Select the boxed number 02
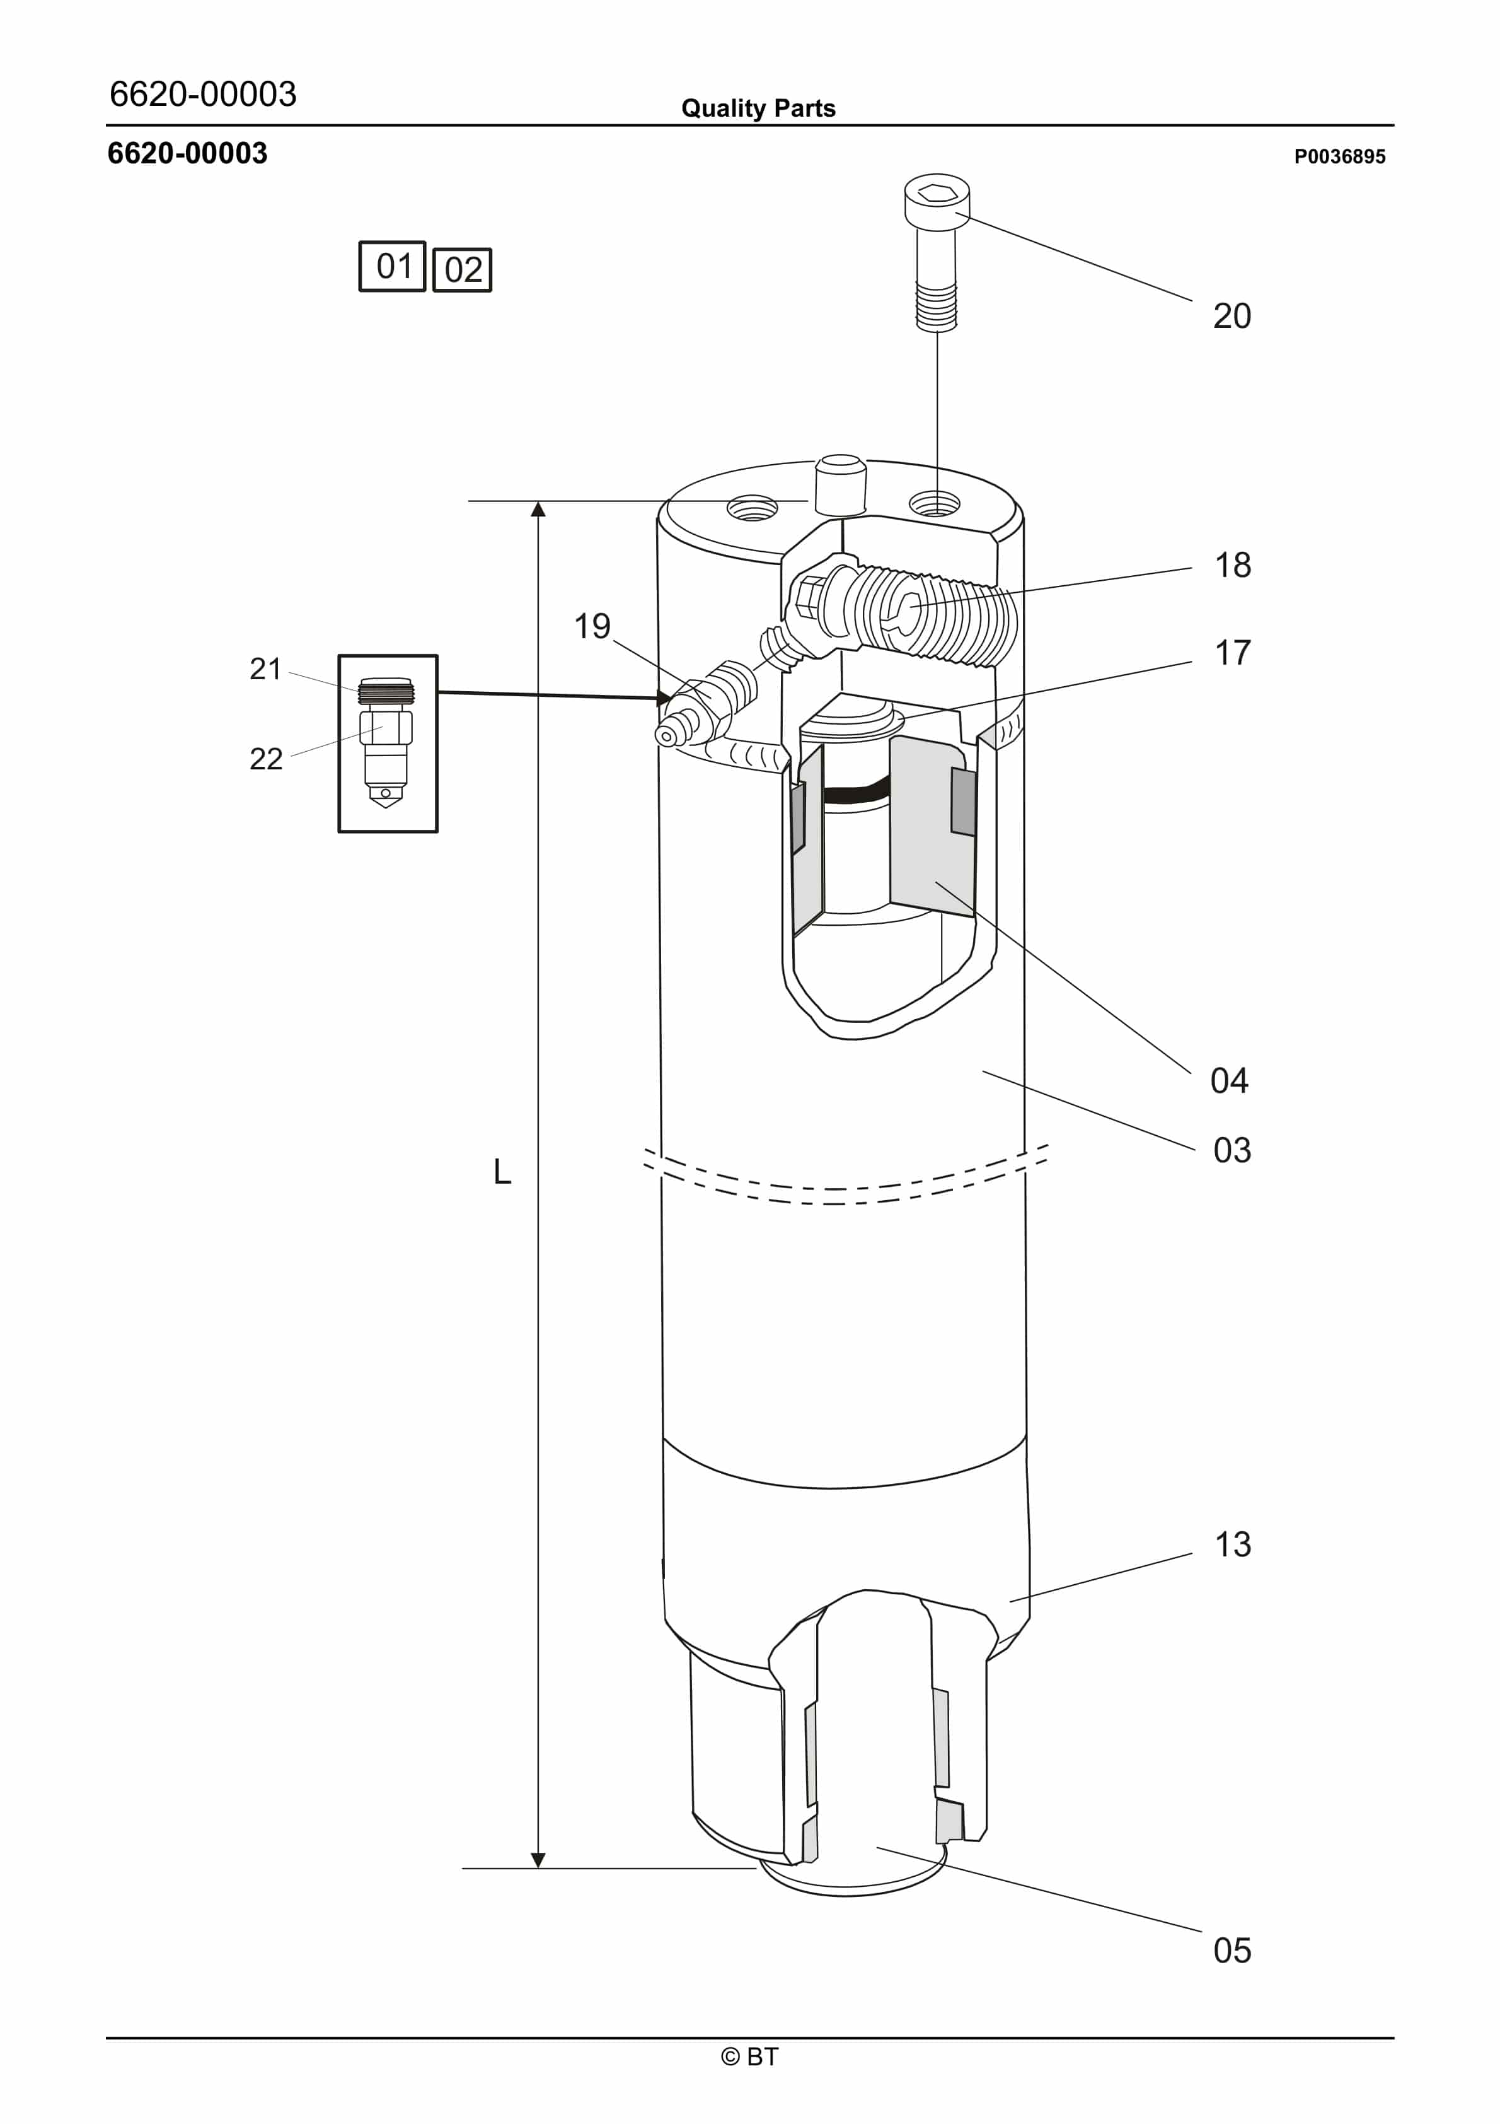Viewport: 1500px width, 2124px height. pos(463,270)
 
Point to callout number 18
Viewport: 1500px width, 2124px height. pos(1233,565)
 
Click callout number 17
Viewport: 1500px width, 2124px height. pos(1233,653)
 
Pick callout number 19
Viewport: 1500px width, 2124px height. pos(592,626)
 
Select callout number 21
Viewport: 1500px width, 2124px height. pos(265,669)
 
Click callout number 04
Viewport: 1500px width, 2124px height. pos(1229,1080)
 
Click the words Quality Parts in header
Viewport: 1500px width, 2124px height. pos(758,108)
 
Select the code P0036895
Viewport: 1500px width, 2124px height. pos(1339,156)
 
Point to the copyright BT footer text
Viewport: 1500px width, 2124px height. pos(750,2057)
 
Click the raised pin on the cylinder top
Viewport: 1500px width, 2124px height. pos(839,484)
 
